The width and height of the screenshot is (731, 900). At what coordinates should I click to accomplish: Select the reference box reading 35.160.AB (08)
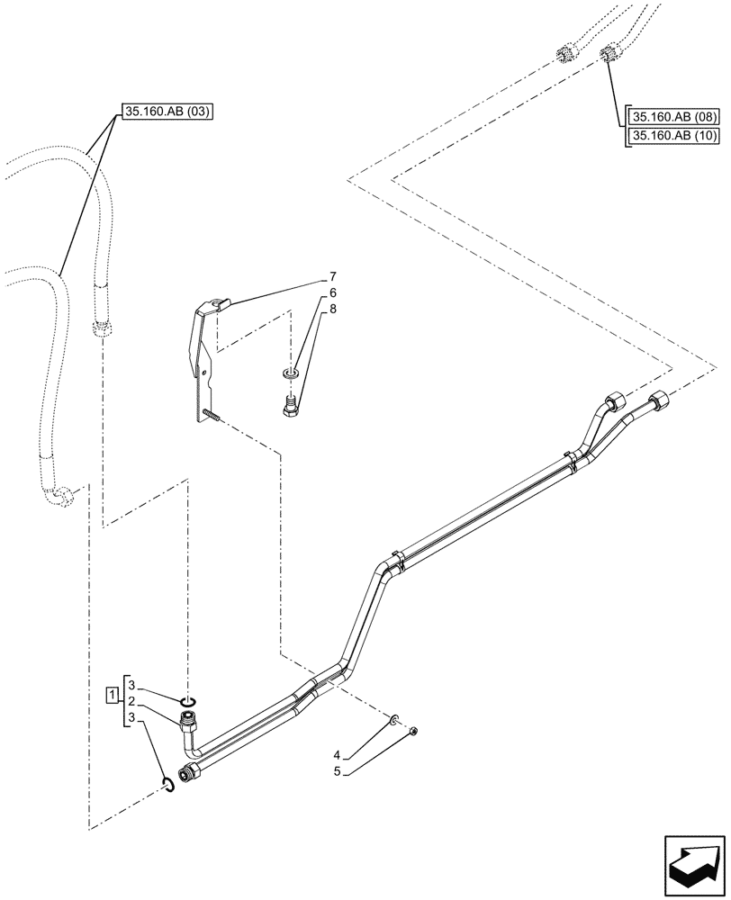pos(673,118)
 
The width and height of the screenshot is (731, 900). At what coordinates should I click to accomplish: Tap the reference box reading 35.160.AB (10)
pos(673,137)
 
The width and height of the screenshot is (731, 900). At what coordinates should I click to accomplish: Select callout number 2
pos(131,701)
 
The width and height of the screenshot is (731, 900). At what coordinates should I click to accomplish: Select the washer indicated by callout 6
pos(290,373)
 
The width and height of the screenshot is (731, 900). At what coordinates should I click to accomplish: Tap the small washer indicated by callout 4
pos(394,719)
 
